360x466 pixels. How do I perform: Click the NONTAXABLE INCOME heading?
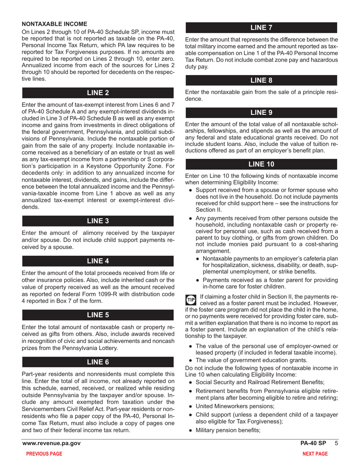tap(55, 23)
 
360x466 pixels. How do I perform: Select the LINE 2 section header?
tap(98, 93)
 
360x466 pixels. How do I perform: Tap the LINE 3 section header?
tap(98, 221)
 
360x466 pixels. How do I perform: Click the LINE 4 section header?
tap(98, 261)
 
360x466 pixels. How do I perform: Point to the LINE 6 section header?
tap(98, 362)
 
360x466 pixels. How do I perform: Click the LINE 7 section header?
tap(261, 27)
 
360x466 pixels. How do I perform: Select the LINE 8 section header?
tap(261, 80)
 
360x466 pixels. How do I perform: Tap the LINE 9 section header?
tap(261, 113)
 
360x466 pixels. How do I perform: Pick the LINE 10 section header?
tap(261, 164)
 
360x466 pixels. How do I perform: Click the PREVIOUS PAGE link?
tap(44, 454)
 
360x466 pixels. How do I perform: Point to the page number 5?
tap(335, 443)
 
